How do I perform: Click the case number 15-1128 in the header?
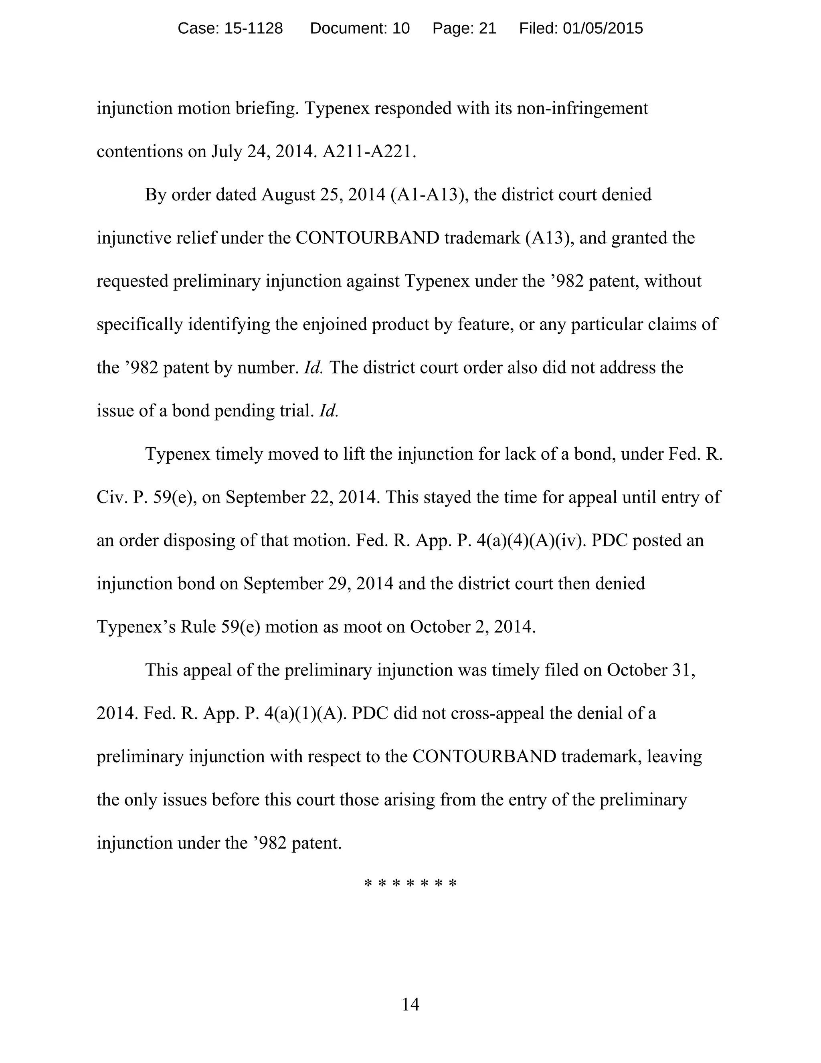coord(253,28)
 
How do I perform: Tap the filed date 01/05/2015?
coord(603,28)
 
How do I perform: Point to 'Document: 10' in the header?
coord(360,28)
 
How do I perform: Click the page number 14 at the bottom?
coord(410,1004)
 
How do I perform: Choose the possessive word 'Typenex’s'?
coord(136,627)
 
